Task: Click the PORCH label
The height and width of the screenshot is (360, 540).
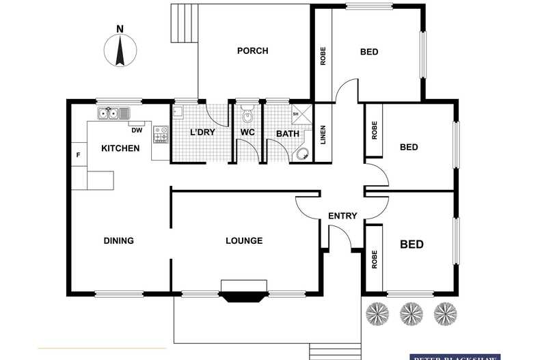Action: coord(252,51)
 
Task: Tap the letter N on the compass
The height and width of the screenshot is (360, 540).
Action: coord(120,29)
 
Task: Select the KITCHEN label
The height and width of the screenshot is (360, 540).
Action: coord(120,148)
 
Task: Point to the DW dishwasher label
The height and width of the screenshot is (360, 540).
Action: coord(136,130)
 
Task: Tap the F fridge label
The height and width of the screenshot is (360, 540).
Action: coord(78,156)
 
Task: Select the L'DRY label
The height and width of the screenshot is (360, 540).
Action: coord(202,133)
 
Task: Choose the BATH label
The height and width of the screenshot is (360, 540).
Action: coord(287,133)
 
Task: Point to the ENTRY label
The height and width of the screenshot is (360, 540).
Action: coord(342,216)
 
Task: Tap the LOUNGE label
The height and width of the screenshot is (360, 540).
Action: coord(244,240)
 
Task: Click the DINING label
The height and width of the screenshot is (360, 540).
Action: coord(118,240)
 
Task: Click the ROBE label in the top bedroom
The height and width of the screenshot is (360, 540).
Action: coord(323,55)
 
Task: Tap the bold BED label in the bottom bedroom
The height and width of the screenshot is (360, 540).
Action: coord(411,245)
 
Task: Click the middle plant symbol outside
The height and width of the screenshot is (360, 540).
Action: coord(410,312)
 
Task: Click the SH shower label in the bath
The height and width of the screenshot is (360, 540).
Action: coord(295,113)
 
